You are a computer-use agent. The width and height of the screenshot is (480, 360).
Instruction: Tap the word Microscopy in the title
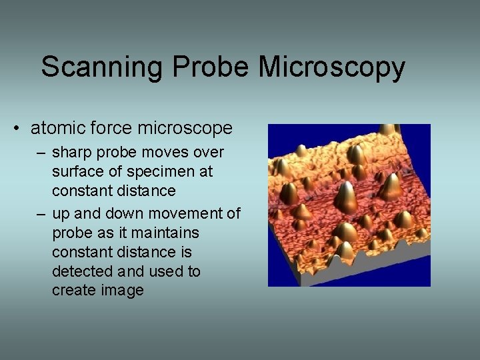(x=331, y=68)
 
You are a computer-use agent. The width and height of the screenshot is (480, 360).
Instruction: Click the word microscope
(x=188, y=128)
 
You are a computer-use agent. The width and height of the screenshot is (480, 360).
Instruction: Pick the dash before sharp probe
(x=41, y=153)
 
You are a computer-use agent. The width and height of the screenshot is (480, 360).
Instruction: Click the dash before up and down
(x=41, y=215)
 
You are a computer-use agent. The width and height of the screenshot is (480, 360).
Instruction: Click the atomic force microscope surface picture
(x=349, y=205)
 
